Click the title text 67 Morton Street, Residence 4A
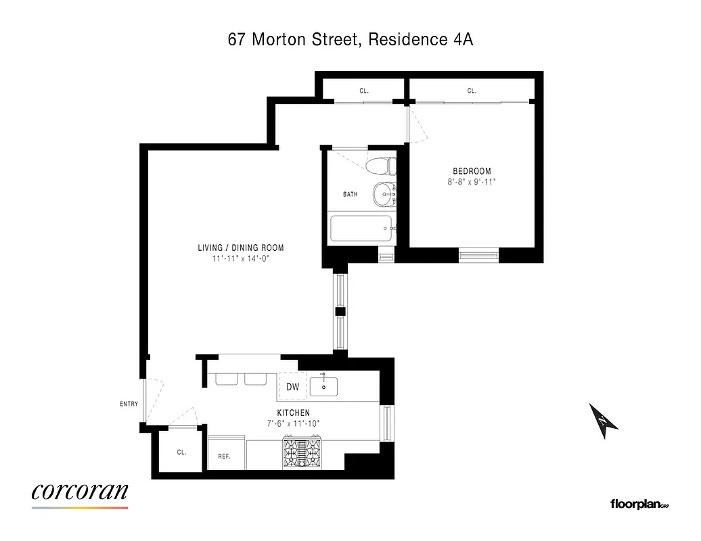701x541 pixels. pos(350,40)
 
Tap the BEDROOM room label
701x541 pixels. pos(472,171)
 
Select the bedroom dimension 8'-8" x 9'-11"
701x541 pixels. pos(472,181)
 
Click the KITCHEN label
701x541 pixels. pos(293,413)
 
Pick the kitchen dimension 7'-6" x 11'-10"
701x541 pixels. pos(293,423)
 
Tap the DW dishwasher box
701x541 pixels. pos(292,387)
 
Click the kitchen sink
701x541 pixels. pos(323,386)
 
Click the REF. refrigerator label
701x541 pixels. pos(224,456)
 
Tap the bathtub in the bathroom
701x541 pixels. pos(360,230)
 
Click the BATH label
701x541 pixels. pos(350,195)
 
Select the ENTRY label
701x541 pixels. pos(129,404)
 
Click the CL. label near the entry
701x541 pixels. pos(181,452)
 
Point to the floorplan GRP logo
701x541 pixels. pos(639,504)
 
